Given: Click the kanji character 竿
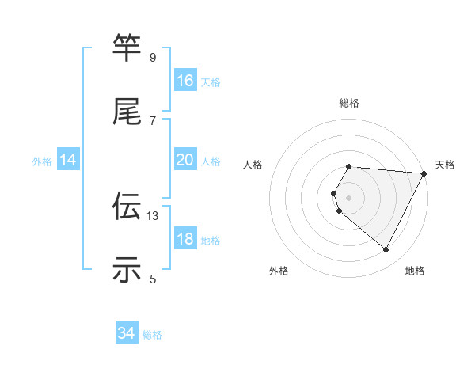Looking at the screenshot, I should (127, 47).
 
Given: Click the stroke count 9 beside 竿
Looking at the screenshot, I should (153, 57).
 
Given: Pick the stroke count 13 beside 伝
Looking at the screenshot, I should (153, 215).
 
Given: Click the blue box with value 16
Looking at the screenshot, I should (185, 81).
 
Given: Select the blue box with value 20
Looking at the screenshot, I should (185, 160).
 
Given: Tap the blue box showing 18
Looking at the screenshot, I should (185, 239).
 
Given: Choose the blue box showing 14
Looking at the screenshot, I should (68, 160).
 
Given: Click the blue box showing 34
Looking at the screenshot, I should (126, 334).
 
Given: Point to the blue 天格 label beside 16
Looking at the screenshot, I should (211, 82).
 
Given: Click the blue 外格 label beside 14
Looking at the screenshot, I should (42, 161).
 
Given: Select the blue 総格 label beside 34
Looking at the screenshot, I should (152, 336).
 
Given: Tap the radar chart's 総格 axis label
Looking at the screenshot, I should (349, 103).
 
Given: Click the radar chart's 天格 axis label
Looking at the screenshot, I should (446, 165).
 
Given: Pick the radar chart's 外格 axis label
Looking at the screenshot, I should (279, 271).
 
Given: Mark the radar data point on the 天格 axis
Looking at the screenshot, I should (424, 173).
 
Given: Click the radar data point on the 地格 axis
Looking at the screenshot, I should (386, 250).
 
